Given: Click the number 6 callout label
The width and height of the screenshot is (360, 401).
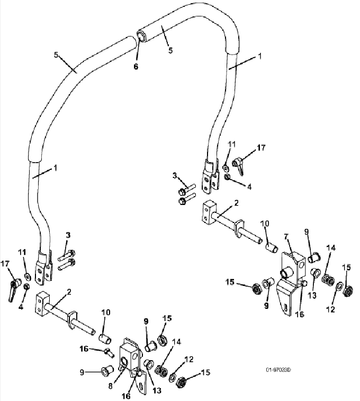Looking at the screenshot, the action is pos(136,67).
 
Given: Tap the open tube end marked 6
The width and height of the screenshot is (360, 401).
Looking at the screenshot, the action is pos(141,35).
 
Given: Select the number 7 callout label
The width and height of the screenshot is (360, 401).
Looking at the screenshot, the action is pos(286,236).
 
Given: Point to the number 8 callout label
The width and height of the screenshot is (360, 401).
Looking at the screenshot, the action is pos(110,386).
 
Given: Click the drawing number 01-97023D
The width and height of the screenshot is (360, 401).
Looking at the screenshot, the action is pos(278,370).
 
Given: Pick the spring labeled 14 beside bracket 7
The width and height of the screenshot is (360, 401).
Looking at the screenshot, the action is pos(328,279).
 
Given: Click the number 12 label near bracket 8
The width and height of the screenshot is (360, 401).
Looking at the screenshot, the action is pos(189,359).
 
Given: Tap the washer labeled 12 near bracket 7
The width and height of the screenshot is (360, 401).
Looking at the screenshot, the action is pos(339,287).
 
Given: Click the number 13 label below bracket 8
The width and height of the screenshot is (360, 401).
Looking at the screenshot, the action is pos(157,390).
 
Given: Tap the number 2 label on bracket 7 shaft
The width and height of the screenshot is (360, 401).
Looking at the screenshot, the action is pos(236,203).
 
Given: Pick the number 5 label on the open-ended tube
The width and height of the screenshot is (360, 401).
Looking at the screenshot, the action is pos(170,50).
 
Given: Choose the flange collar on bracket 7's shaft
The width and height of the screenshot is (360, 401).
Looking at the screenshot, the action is pos(239,228).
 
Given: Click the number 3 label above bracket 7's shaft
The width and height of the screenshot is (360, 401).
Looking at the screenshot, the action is pos(175,175).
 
